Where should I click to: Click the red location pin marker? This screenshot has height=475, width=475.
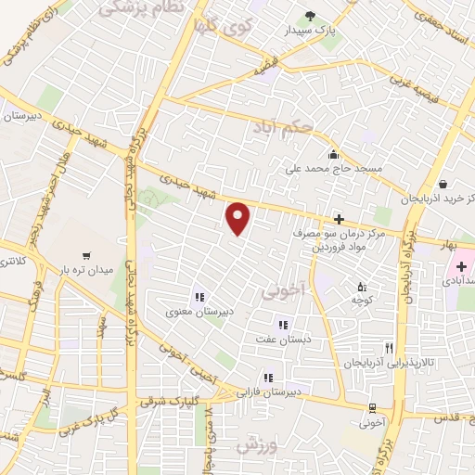[x=239, y=218]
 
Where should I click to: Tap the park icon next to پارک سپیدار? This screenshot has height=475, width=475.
[x=310, y=15]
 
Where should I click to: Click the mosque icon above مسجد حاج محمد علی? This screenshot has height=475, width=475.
[x=332, y=154]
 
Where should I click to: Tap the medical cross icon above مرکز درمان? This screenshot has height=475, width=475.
[x=339, y=220]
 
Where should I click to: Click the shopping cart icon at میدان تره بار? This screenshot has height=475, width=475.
[x=86, y=255]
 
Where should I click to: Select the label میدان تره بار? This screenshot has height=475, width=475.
[x=85, y=270]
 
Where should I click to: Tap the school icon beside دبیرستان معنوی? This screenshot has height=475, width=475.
[x=199, y=298]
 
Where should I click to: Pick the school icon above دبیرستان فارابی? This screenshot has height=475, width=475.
[x=267, y=378]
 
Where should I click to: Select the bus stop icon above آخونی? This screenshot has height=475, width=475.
[x=372, y=408]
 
